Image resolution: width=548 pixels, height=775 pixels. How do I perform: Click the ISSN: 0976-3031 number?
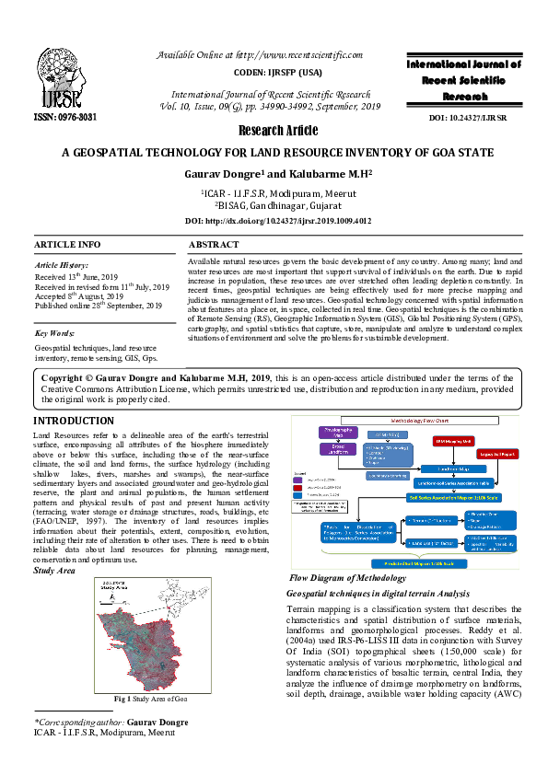tap(65, 119)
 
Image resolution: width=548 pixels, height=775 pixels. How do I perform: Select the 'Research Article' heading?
tap(278, 130)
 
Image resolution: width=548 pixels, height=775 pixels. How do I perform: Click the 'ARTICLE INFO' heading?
tap(67, 245)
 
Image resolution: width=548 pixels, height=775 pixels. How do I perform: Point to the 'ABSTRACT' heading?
tap(214, 245)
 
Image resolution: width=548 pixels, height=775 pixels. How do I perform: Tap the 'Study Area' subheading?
tap(54, 571)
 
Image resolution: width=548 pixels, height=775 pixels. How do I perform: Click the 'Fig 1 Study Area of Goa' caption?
tap(150, 700)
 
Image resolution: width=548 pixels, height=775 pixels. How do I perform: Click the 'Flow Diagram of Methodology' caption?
tap(347, 578)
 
